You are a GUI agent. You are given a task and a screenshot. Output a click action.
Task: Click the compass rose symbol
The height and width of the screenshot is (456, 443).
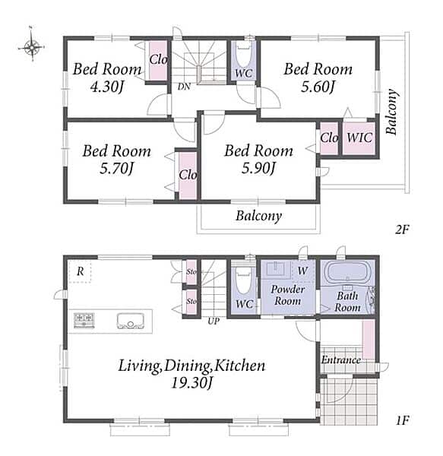coord(32,46)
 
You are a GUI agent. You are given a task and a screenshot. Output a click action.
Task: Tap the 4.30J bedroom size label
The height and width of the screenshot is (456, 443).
coord(107,87)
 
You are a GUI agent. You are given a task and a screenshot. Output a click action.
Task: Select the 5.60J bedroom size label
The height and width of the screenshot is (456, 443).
coord(318,87)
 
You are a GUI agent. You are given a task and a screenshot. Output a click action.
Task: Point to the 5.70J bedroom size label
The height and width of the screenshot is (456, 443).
coord(116,168)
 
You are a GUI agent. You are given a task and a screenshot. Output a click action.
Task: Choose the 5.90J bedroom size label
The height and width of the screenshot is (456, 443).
coord(258,168)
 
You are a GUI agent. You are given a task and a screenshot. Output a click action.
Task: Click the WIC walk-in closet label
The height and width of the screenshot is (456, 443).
coord(359,138)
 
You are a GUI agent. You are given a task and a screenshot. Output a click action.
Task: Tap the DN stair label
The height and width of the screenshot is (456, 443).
coord(184,87)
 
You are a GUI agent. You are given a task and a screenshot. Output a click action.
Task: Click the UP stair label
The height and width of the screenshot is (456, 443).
coord(214,321)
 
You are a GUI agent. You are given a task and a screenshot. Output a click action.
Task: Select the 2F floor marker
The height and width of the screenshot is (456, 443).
coord(402,230)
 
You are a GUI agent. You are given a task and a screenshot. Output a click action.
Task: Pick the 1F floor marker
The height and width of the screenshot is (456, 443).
coord(403,420)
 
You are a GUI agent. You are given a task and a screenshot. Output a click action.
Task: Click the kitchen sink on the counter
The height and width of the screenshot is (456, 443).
coord(131,321)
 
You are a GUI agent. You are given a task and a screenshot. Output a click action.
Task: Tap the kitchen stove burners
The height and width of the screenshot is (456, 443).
coord(84,320)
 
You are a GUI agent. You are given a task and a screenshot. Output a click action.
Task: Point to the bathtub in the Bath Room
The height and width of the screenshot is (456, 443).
coord(348,272)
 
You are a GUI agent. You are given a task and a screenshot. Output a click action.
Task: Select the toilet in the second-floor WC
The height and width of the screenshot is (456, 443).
coord(243,55)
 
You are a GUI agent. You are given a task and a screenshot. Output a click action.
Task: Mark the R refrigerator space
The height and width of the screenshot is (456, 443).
coord(80,271)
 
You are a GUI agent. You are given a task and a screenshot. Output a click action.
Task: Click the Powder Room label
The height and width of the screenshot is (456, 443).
coord(288,295)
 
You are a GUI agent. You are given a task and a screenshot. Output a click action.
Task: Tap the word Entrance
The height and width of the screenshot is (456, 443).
coord(340,360)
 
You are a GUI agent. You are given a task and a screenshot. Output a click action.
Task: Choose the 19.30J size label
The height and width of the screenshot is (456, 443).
coord(191,383)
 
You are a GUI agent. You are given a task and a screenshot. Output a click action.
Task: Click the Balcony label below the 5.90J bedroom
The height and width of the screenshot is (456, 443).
coord(258,216)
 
